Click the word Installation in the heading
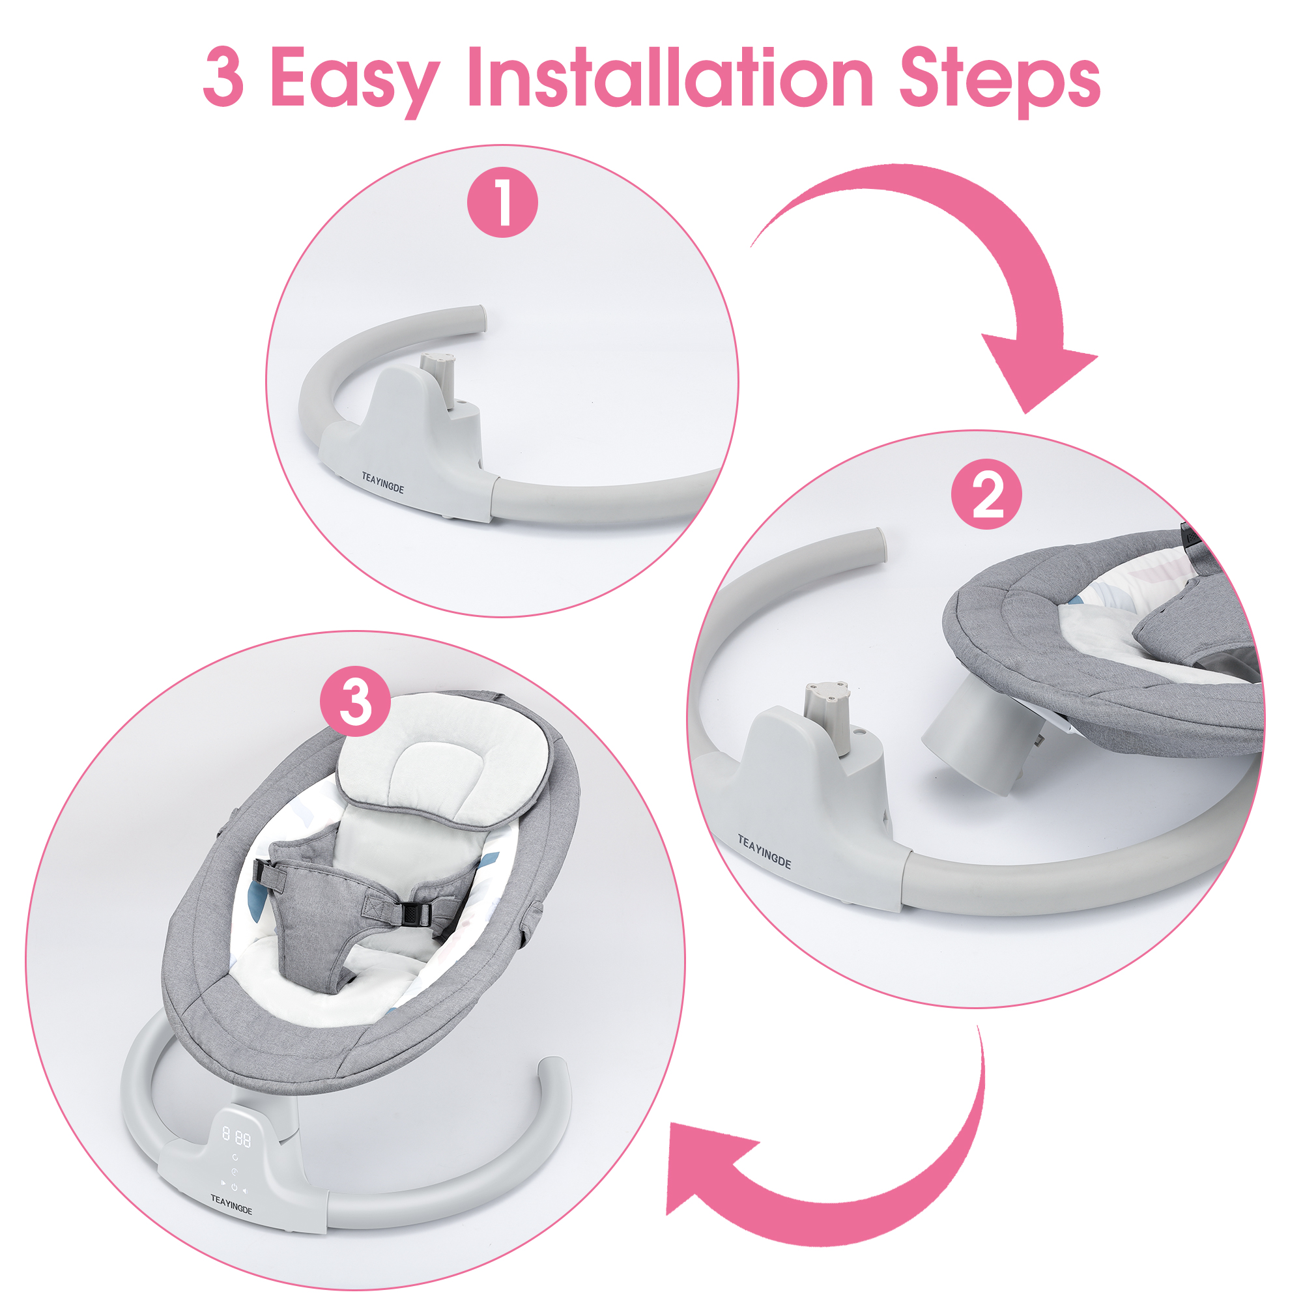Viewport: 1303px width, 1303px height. pyautogui.click(x=670, y=78)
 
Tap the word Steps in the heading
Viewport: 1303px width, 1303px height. pyautogui.click(x=999, y=81)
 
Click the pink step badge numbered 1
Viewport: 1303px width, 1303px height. pyautogui.click(x=502, y=202)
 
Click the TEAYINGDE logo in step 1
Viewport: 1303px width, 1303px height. pyautogui.click(x=382, y=483)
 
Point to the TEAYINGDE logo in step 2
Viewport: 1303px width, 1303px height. pyautogui.click(x=764, y=852)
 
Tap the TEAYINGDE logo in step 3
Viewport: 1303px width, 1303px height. pyautogui.click(x=231, y=1204)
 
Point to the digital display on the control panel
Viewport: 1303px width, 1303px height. pyautogui.click(x=237, y=1138)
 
